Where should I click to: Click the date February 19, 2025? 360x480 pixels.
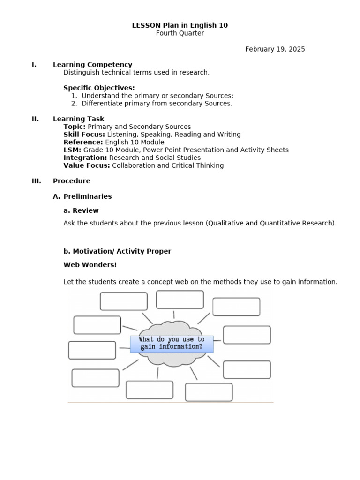click(275, 49)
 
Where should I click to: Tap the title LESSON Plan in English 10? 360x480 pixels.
click(180, 25)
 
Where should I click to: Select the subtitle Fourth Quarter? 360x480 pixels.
click(180, 33)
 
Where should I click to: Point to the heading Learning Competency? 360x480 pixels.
click(92, 65)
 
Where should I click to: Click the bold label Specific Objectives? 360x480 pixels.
click(99, 88)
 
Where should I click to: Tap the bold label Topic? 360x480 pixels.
click(75, 127)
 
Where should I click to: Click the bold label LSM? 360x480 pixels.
click(72, 150)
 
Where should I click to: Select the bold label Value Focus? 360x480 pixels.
click(87, 165)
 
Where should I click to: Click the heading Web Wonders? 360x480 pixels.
click(90, 265)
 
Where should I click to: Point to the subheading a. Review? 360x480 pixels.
click(81, 210)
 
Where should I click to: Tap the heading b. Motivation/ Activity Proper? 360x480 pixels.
click(117, 251)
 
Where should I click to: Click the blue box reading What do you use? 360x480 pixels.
click(172, 343)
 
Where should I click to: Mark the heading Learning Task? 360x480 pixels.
click(79, 119)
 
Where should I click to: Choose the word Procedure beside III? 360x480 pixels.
click(72, 181)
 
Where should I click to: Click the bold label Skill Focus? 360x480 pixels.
click(84, 135)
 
